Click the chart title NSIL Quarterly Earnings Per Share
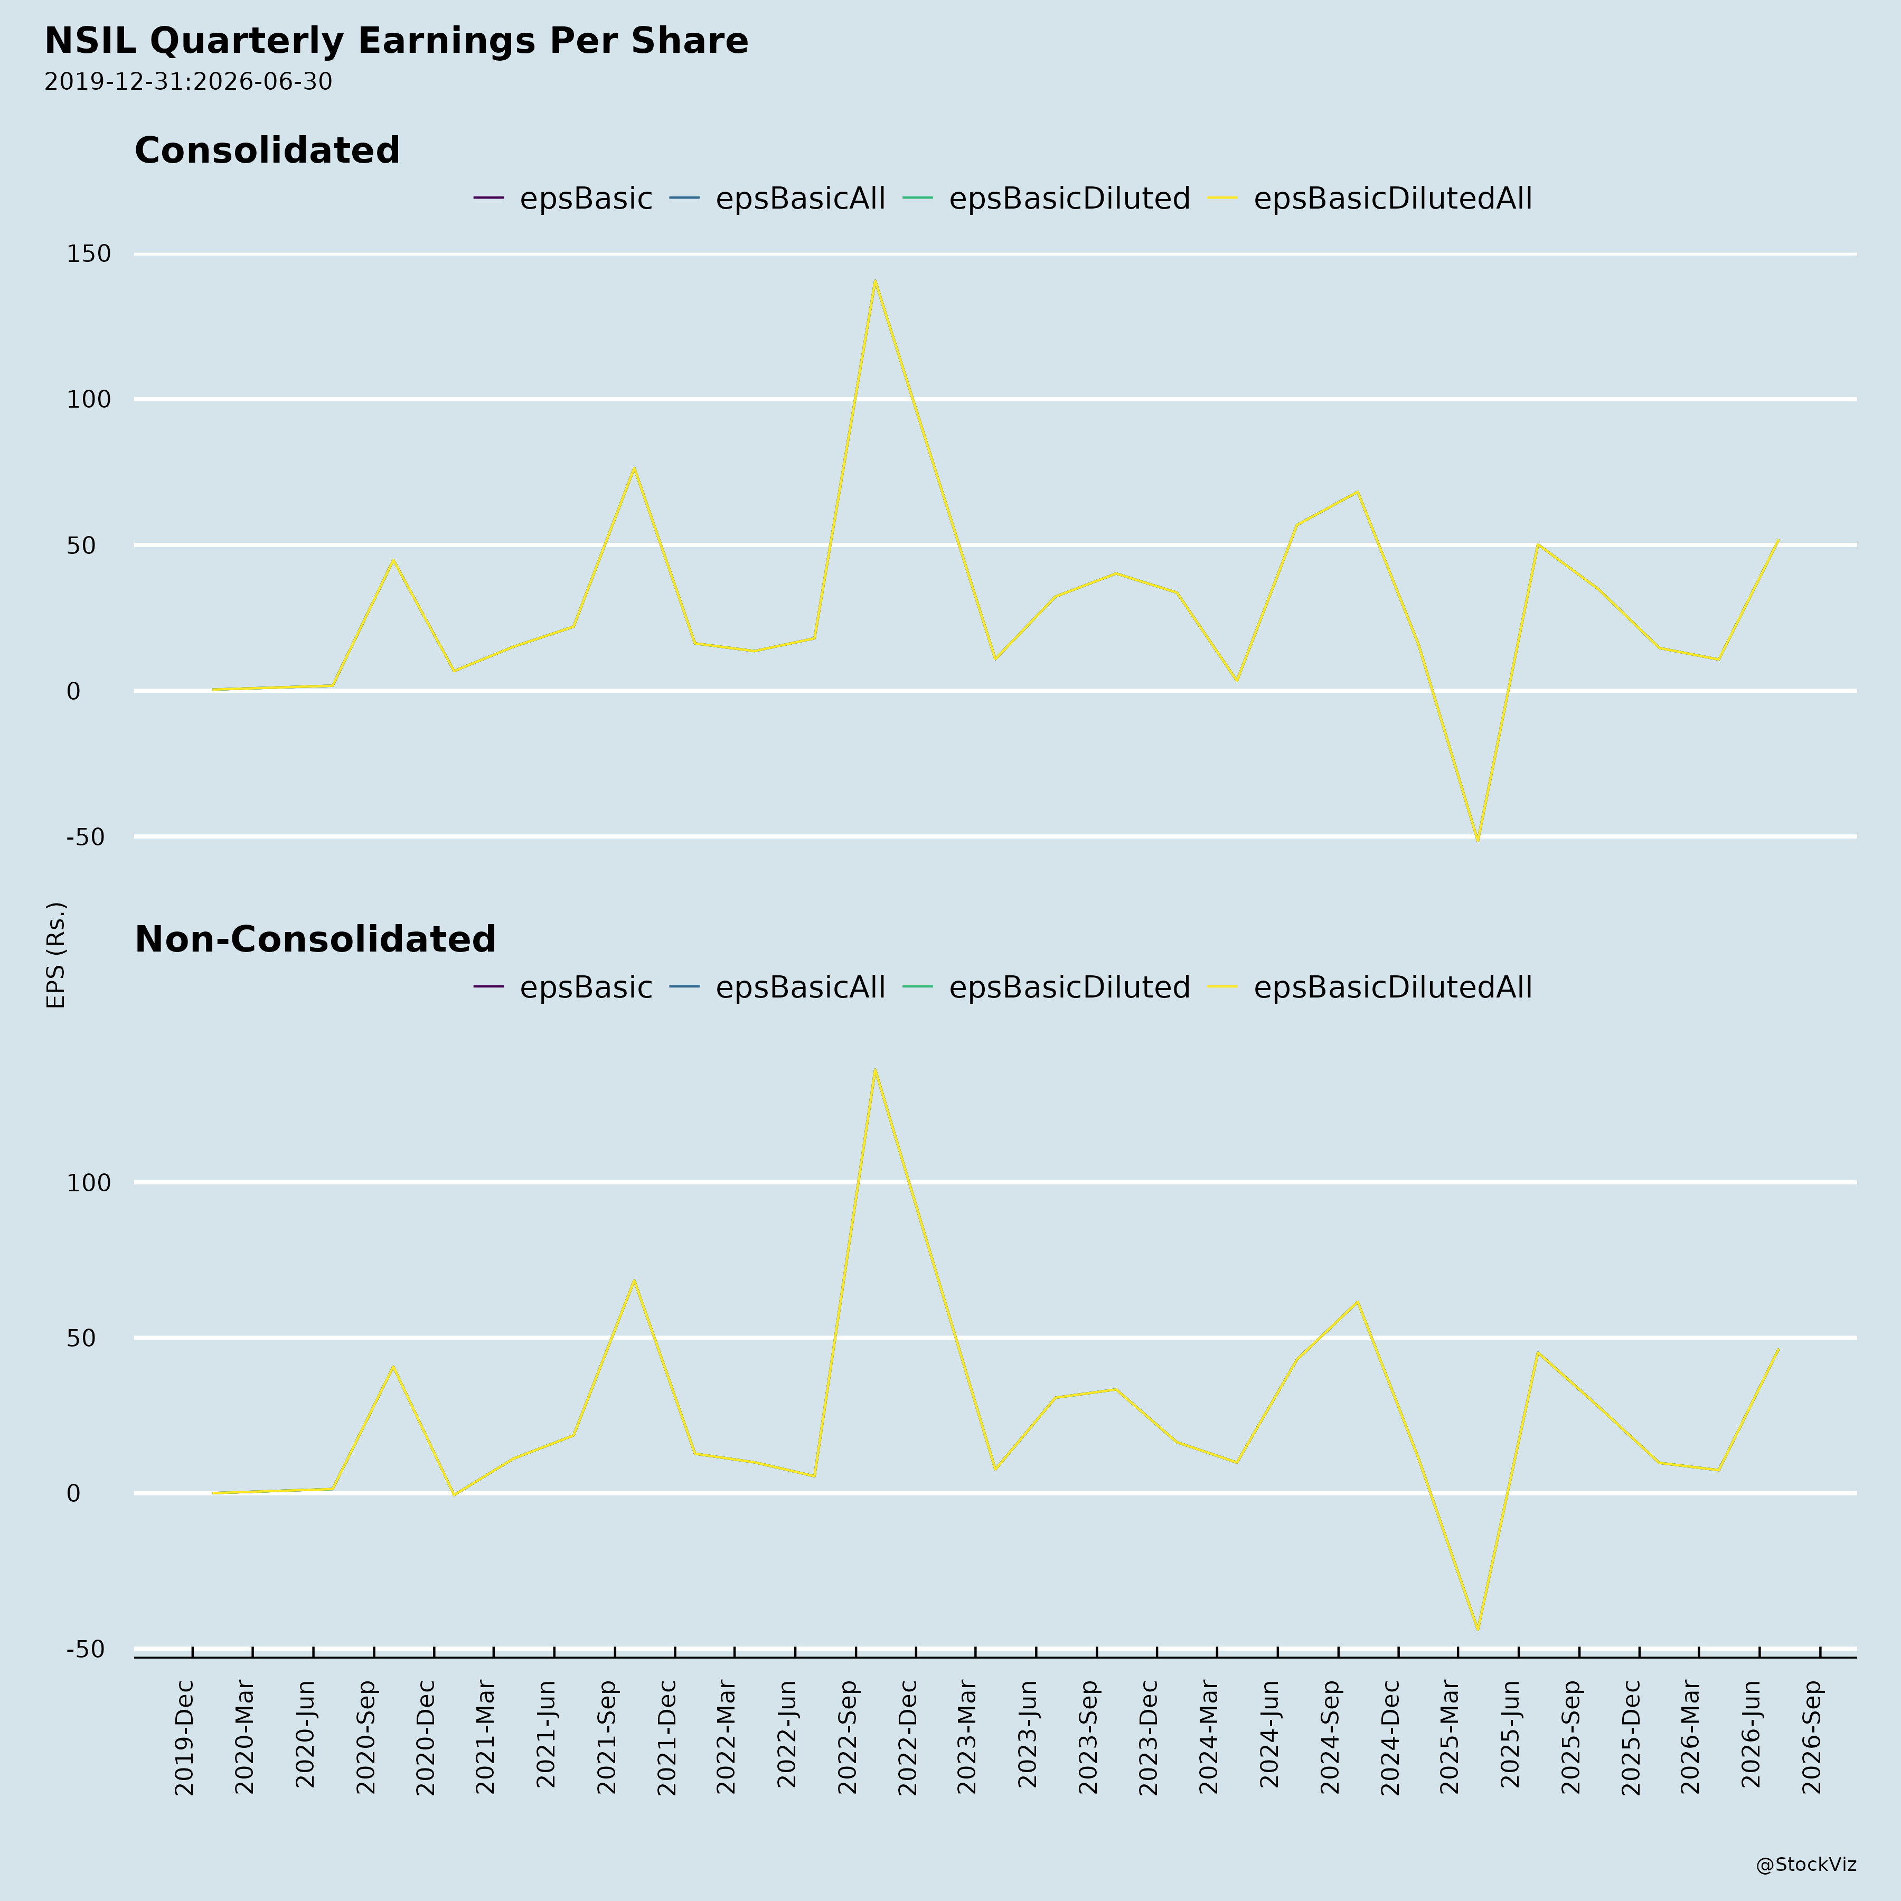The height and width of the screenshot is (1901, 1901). coord(397,41)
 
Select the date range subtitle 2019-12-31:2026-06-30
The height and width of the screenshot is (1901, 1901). coord(188,82)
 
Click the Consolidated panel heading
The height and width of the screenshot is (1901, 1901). coord(267,150)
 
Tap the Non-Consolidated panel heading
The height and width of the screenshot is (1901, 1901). coord(315,940)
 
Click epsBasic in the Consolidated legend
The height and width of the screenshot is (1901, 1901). coord(586,199)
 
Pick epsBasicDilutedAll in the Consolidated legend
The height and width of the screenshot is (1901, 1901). coord(1392,199)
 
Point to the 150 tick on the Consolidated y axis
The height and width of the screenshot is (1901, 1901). coord(89,254)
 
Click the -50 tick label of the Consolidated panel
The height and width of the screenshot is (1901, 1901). coord(86,837)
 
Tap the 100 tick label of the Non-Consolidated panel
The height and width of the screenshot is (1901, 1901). coord(89,1183)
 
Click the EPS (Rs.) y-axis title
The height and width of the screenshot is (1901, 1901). coord(56,954)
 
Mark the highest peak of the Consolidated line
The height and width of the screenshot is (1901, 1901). coord(875,280)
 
